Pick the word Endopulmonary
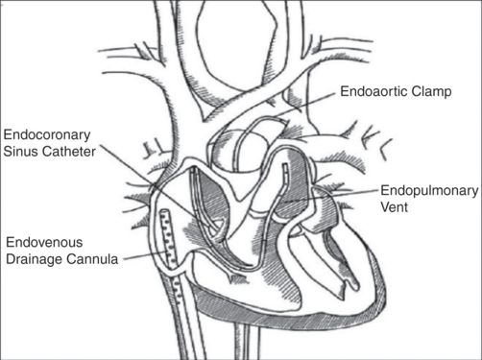[x=428, y=190]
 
